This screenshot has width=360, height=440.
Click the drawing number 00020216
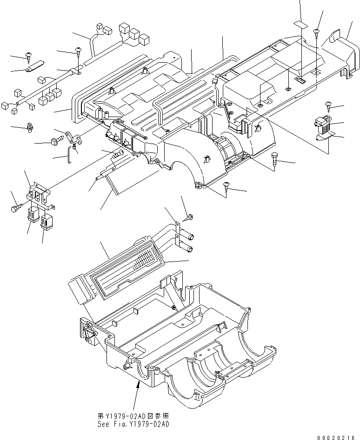click(338, 437)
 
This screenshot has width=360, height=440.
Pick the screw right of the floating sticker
click(317, 32)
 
